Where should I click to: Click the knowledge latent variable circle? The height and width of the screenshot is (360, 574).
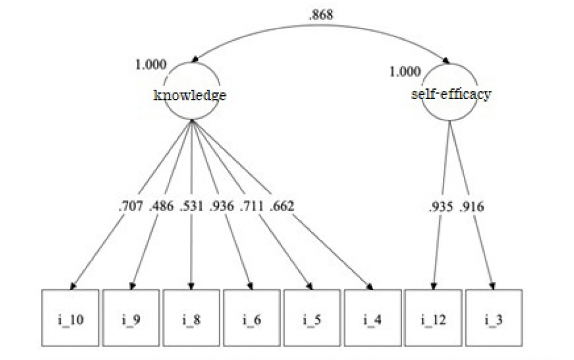coord(191,95)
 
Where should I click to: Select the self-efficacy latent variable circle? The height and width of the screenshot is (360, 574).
coord(450,94)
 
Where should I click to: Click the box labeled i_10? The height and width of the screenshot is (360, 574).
coord(71,318)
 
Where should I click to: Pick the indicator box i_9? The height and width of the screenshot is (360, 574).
coord(131,318)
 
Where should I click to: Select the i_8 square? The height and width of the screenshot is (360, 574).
coord(191,318)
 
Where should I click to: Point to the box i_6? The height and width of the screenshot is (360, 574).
coord(252,318)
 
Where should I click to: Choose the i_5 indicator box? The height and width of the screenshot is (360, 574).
coord(312,318)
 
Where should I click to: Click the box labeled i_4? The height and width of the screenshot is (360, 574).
coord(372,318)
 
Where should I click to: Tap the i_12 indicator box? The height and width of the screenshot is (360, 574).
coord(432,318)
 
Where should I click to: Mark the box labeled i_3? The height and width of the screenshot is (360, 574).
coord(493,318)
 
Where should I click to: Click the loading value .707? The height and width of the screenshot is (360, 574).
coord(131,206)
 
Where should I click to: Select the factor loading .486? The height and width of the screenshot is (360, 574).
coord(161,206)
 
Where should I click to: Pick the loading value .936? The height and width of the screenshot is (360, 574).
coord(221,206)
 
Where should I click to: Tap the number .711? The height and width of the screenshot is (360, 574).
coord(252,206)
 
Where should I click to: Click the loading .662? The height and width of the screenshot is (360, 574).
coord(282,206)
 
